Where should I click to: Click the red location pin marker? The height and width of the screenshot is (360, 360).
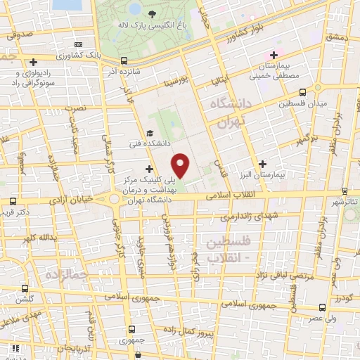[181, 165]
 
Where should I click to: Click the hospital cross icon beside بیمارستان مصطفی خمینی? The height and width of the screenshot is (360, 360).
[274, 55]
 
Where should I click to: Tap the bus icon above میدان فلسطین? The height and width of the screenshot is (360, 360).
[303, 91]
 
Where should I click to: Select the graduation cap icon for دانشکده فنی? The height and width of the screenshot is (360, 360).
[148, 133]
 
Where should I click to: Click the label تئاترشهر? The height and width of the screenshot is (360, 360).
[345, 201]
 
